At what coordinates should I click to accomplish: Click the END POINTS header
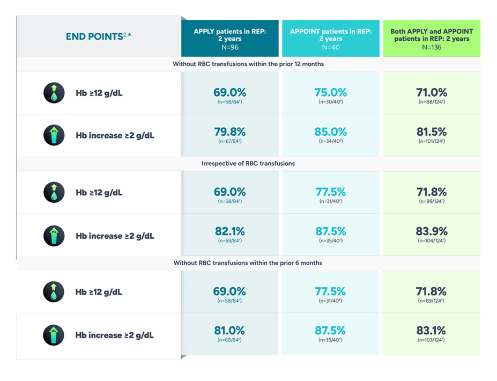[98, 36]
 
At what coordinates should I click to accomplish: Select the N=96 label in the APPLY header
[229, 47]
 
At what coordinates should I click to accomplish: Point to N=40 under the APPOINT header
[331, 47]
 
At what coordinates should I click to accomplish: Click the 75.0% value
[331, 92]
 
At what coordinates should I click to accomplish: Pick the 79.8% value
[229, 131]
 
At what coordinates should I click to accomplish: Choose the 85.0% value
[331, 131]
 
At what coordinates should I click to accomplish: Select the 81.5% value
[432, 131]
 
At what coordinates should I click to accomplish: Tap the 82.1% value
[229, 231]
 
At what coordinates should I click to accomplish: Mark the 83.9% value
[432, 231]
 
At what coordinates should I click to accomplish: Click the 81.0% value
[229, 331]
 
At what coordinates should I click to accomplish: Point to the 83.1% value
[432, 331]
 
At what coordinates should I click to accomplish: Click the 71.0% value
[432, 92]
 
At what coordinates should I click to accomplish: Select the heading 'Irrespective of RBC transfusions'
[248, 163]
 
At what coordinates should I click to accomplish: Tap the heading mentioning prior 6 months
[248, 263]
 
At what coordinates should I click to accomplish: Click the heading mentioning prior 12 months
[248, 64]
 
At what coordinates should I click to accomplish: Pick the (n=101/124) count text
[432, 142]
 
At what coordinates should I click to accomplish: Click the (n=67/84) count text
[229, 142]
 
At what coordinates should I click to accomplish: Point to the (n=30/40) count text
[331, 102]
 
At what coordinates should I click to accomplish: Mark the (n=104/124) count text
[432, 241]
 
